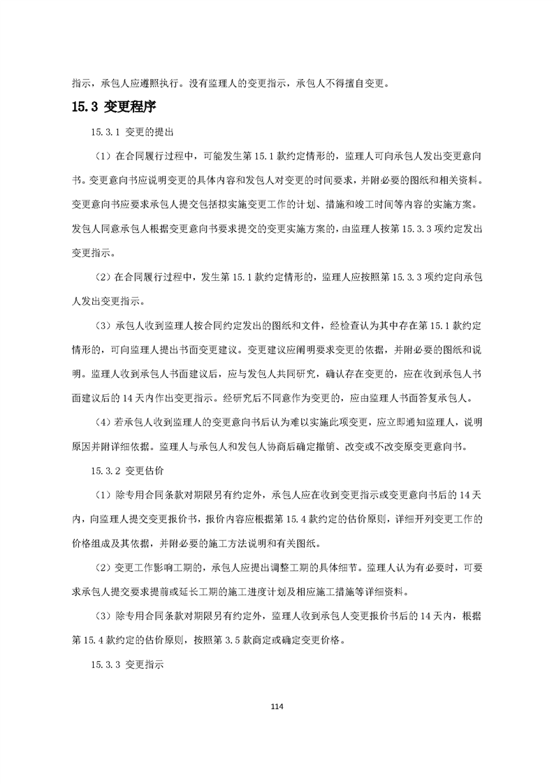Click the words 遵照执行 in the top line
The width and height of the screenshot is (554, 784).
click(160, 82)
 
